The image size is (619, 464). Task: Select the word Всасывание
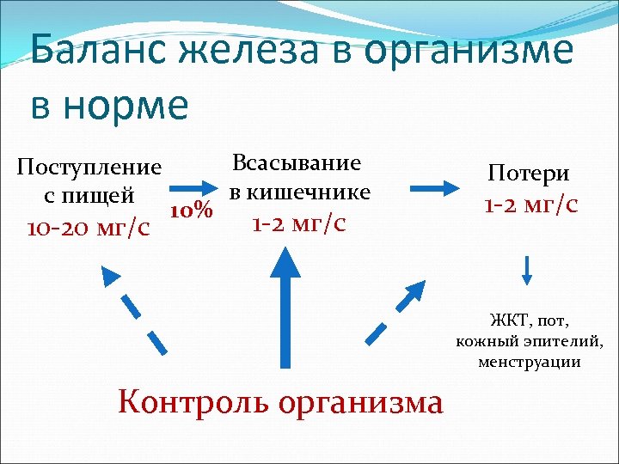coord(297,162)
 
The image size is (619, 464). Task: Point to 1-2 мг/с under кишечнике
coord(298,223)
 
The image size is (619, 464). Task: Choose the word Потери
coord(529,173)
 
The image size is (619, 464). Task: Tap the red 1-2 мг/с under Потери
coord(530,205)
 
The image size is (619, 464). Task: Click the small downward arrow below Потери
coord(528,270)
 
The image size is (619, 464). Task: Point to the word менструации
coord(529,362)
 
